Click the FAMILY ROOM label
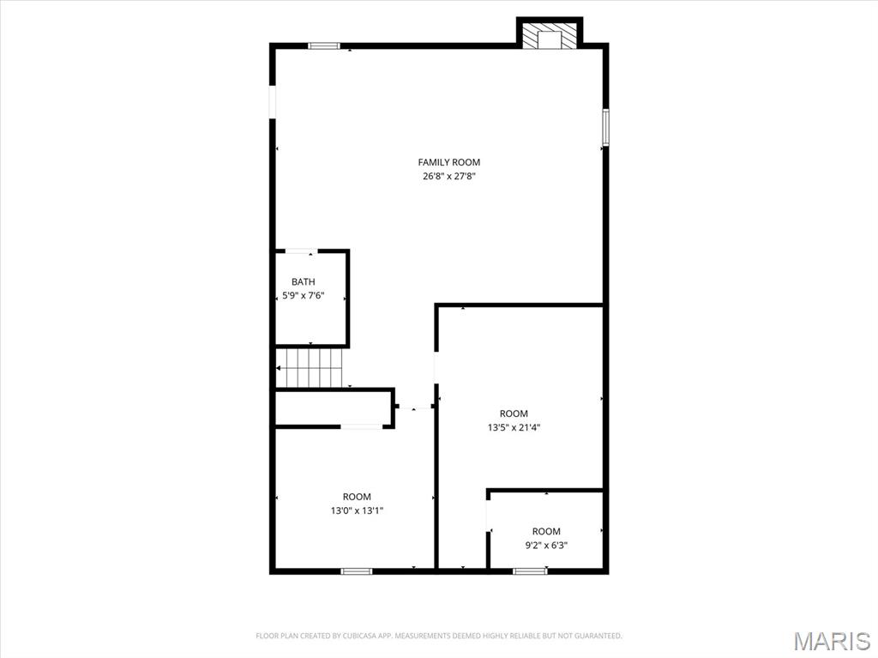pyautogui.click(x=448, y=162)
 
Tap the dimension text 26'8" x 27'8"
pyautogui.click(x=448, y=177)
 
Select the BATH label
pyautogui.click(x=303, y=281)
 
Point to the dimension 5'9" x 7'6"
pyautogui.click(x=303, y=296)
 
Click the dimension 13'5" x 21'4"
pyautogui.click(x=514, y=427)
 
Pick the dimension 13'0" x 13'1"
pyautogui.click(x=357, y=510)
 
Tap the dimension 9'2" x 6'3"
pyautogui.click(x=546, y=545)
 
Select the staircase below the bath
pyautogui.click(x=310, y=367)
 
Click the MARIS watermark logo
pyautogui.click(x=833, y=641)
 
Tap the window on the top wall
pyautogui.click(x=324, y=45)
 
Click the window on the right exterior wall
pyautogui.click(x=605, y=127)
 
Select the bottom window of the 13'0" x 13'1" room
pyautogui.click(x=356, y=570)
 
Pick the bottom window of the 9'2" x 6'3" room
pyautogui.click(x=530, y=570)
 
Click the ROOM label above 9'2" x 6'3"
pyautogui.click(x=546, y=531)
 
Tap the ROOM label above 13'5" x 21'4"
pyautogui.click(x=514, y=414)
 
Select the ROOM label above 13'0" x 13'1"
pyautogui.click(x=357, y=497)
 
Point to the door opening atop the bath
pyautogui.click(x=300, y=251)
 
